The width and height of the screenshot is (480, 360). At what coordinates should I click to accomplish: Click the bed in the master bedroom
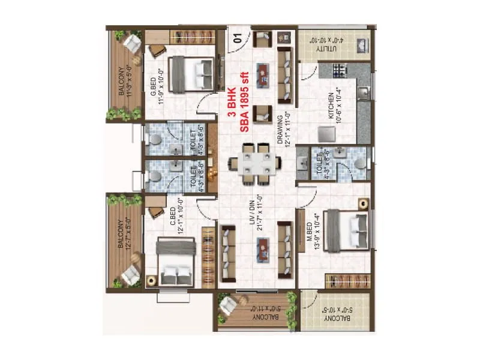tap(347, 230)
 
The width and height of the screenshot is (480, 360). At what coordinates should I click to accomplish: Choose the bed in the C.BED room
tap(176, 262)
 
